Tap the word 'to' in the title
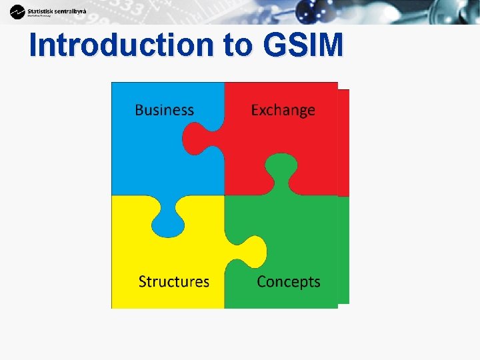tap(239, 45)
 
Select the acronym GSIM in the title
tap(303, 45)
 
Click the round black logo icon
tap(17, 11)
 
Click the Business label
tap(164, 110)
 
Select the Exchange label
tap(283, 110)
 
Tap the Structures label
tap(173, 281)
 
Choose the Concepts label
tap(288, 281)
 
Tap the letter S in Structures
tap(143, 281)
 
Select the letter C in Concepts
tap(262, 281)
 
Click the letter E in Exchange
tap(255, 110)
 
